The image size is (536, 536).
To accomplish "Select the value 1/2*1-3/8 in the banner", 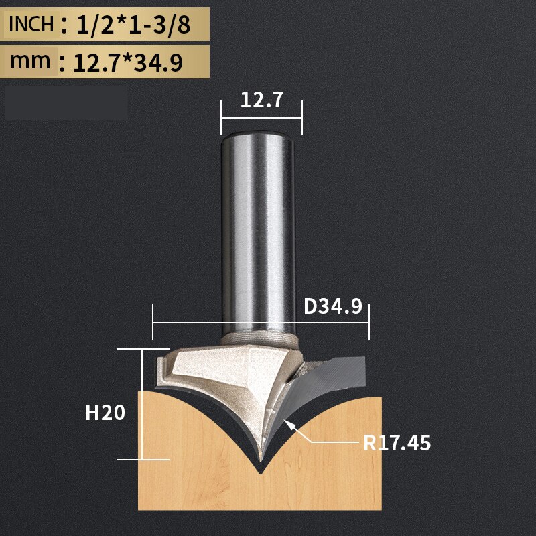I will click(x=134, y=25).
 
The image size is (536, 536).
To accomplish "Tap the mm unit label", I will click(x=30, y=62).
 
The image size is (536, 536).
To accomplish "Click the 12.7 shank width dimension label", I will click(x=262, y=100).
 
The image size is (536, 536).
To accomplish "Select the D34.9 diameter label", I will click(x=332, y=307).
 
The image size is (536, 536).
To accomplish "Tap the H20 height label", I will click(x=105, y=413).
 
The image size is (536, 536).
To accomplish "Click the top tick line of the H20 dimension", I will click(x=143, y=349).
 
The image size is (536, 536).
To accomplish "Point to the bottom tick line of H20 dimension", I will click(x=143, y=460).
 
